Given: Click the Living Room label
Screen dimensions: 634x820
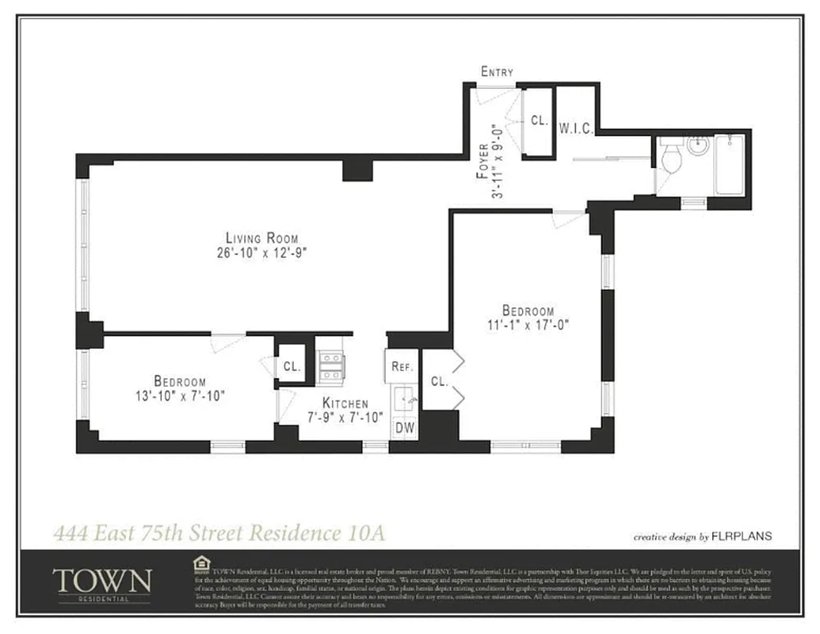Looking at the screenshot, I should point(261,238).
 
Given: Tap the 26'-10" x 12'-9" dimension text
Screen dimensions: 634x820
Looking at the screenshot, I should point(261,254).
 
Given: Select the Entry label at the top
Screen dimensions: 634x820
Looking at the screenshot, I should point(497,72).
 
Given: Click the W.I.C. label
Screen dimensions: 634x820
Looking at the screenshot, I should point(576,128).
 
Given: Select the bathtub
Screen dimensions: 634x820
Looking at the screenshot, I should point(729,166).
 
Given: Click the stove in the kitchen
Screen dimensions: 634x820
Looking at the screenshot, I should point(330,366).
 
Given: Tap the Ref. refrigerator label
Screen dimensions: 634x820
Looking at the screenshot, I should point(401,367).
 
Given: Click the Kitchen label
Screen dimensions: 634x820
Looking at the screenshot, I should point(345,403).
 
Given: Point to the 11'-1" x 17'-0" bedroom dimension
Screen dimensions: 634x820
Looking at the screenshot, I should point(528,324).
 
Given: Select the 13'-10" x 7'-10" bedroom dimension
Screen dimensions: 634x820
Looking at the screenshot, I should point(180,395).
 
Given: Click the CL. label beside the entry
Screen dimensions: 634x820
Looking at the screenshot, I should point(540,121).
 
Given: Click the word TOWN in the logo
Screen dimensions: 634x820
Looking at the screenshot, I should point(101,580).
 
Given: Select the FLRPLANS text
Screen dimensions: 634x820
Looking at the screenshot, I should point(742,537).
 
